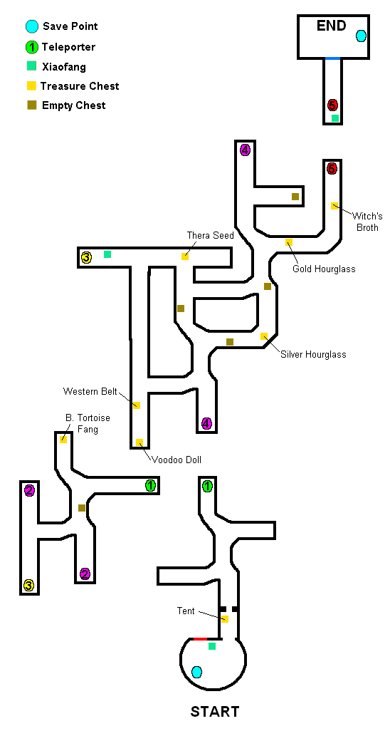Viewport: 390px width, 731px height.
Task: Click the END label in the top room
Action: coord(332,26)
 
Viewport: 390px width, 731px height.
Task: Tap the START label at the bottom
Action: coord(215,712)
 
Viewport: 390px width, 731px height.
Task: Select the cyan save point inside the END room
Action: coord(361,36)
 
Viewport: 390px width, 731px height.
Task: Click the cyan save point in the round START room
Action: coord(197,672)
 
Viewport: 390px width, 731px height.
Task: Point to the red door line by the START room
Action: coord(201,638)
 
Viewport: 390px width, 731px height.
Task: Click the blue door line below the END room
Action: coord(332,58)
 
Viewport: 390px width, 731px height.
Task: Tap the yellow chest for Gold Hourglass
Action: coord(289,242)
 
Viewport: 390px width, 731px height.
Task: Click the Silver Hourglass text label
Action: coord(313,354)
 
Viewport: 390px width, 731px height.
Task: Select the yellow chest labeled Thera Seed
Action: coord(185,256)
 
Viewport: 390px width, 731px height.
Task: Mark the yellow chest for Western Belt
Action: coord(137,405)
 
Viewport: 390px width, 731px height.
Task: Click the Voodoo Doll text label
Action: coord(176,460)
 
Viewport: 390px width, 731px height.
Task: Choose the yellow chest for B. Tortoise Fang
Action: coord(63,439)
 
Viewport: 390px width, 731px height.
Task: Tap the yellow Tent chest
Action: coord(225,619)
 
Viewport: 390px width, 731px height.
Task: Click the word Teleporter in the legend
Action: coord(68,46)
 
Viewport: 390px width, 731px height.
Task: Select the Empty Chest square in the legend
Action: coord(32,105)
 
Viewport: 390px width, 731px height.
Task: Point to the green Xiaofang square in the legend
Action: coord(32,66)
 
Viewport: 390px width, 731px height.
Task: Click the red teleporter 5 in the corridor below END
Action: coord(332,105)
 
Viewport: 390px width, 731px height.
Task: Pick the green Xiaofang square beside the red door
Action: coord(212,646)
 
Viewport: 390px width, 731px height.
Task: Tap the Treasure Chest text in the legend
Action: coord(80,86)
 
